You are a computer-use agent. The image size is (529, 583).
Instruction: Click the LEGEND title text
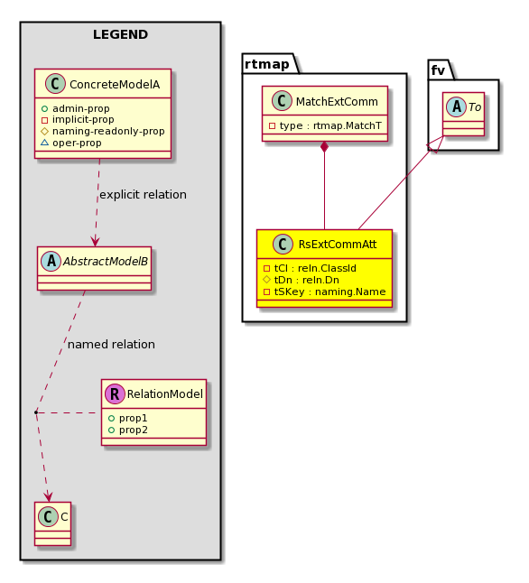(121, 34)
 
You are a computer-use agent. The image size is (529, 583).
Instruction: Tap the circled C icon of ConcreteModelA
(55, 84)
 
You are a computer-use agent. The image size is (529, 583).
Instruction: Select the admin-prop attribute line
(76, 108)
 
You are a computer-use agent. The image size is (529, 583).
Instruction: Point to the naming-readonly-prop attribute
(103, 131)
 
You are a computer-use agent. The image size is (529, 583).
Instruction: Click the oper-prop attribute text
(71, 143)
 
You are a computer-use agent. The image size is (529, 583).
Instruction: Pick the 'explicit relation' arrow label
(144, 195)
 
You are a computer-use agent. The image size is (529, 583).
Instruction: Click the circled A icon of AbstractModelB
(51, 261)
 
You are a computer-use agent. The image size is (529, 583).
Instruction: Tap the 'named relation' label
(111, 345)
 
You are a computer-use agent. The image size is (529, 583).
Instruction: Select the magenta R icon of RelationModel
(115, 393)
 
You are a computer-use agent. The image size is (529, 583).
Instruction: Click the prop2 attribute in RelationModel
(128, 430)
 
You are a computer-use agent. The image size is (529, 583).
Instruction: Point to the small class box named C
(53, 523)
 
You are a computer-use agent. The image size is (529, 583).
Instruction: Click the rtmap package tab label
(266, 64)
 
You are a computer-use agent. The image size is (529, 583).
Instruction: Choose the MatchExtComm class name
(337, 101)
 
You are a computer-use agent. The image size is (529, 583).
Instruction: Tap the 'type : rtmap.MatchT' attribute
(325, 126)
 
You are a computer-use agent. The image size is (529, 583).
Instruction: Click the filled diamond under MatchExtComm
(324, 146)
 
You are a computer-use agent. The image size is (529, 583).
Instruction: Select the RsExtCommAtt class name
(338, 245)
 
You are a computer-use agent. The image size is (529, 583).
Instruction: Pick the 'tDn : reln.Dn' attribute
(301, 280)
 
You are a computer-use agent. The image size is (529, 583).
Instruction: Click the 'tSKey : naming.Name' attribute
(324, 291)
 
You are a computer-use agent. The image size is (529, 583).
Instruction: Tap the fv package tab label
(438, 70)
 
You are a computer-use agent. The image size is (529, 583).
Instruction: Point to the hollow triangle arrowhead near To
(436, 144)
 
